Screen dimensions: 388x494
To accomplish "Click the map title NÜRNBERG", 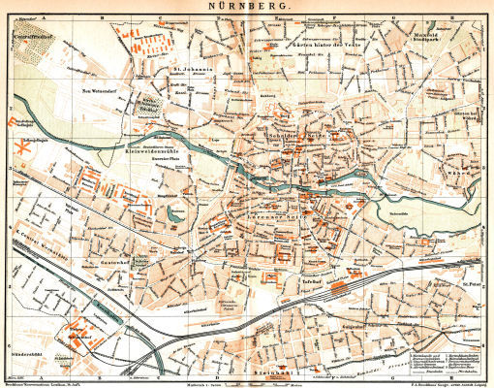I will pyautogui.click(x=246, y=6).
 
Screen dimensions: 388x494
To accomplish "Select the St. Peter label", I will pyautogui.click(x=472, y=284).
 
